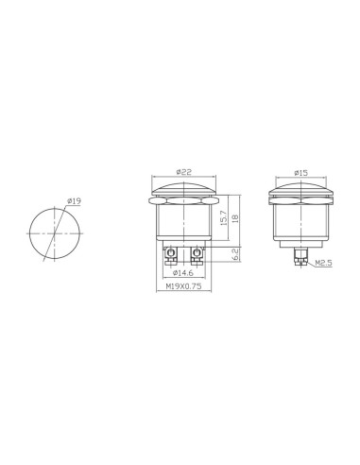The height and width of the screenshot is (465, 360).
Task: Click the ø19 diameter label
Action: coord(75,201)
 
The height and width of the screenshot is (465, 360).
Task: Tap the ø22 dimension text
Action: coord(184,172)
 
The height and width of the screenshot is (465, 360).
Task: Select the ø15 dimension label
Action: coord(300,173)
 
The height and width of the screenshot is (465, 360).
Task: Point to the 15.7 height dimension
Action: coord(223,217)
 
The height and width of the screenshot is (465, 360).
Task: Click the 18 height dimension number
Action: coord(235,218)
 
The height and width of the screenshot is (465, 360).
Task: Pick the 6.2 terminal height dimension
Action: coord(235,254)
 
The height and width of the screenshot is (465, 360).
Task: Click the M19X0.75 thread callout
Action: coord(183,286)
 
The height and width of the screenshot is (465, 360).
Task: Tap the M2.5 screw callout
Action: coord(323,263)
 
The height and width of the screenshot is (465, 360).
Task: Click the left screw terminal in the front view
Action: coord(171,255)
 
